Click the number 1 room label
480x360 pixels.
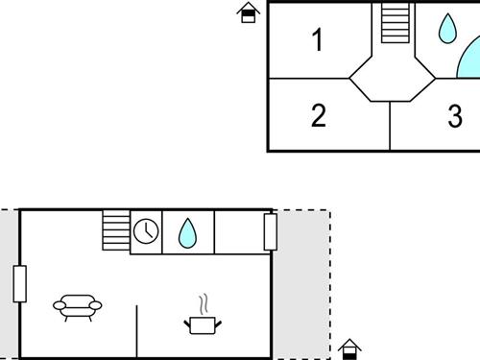point(318,40)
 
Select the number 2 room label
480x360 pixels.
point(319,116)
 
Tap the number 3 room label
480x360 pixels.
point(455,117)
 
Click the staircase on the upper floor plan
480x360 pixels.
point(395,23)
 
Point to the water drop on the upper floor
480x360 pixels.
point(448,29)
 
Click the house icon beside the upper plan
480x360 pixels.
point(249,12)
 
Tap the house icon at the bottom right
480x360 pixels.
point(350,348)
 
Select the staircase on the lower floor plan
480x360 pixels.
point(116,231)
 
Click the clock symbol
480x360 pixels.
point(146,231)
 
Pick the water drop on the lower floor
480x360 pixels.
point(187,231)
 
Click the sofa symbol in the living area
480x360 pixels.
point(77,307)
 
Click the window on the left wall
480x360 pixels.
point(19,283)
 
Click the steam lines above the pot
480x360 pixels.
point(203,305)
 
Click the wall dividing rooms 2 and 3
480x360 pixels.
point(390,125)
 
